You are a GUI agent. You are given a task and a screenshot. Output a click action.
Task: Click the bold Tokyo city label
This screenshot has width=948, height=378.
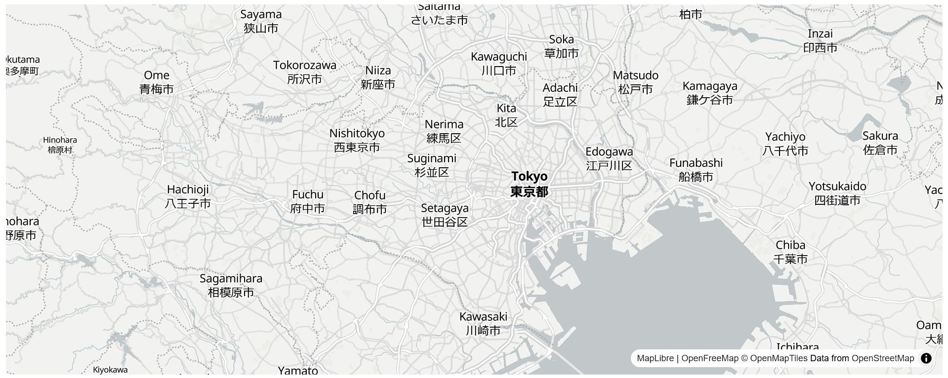pos(529,184)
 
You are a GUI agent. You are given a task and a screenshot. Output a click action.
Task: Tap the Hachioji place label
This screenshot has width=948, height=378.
pos(188,196)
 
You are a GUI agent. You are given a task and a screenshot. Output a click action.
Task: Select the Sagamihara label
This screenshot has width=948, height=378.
pos(231,285)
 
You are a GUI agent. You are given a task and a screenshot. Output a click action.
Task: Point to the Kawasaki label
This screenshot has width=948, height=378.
pos(483,323)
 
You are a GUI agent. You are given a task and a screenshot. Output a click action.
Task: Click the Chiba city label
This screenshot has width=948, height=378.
pos(790,252)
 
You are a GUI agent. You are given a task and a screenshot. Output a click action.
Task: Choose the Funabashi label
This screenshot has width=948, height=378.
pos(696,170)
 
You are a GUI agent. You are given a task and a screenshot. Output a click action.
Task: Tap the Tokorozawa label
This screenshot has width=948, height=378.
pos(304,72)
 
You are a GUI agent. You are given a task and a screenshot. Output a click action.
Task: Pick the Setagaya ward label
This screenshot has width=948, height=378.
pos(445,215)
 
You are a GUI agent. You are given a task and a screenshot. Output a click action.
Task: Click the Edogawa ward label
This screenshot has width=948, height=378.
pos(609,158)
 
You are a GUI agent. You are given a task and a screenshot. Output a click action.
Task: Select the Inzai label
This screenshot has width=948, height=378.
pos(820,40)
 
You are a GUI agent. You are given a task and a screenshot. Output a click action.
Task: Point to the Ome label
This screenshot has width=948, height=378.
pos(157,82)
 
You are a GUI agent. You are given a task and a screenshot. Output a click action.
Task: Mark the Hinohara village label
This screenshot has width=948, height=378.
pos(60,145)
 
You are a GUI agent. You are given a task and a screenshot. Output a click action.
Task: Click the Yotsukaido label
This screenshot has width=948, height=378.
pos(837,193)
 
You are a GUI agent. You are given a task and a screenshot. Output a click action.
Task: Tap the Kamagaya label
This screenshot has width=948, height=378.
pos(709,93)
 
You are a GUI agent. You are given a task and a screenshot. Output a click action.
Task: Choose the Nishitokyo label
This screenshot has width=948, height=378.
pos(357,140)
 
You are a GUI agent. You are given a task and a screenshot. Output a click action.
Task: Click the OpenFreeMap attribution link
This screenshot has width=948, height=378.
pos(709,358)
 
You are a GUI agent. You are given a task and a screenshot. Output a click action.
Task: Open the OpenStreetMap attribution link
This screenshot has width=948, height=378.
pos(883,358)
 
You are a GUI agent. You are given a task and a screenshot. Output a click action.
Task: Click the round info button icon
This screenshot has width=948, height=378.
pos(926,358)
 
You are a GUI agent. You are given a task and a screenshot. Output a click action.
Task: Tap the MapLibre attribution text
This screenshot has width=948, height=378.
pos(655,358)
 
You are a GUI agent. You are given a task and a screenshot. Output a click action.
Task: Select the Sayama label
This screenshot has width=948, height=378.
pos(261,21)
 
